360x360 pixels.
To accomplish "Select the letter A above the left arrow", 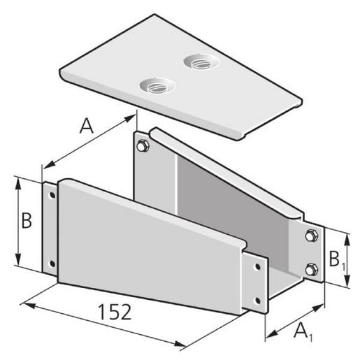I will tap(87, 126).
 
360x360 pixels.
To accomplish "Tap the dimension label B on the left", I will tap(27, 221).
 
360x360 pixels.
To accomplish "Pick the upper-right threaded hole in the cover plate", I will tap(198, 63).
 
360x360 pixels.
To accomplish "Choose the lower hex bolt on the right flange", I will tap(310, 268).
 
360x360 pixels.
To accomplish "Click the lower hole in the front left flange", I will tap(51, 264).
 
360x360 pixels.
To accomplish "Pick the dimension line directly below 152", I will tap(105, 324).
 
